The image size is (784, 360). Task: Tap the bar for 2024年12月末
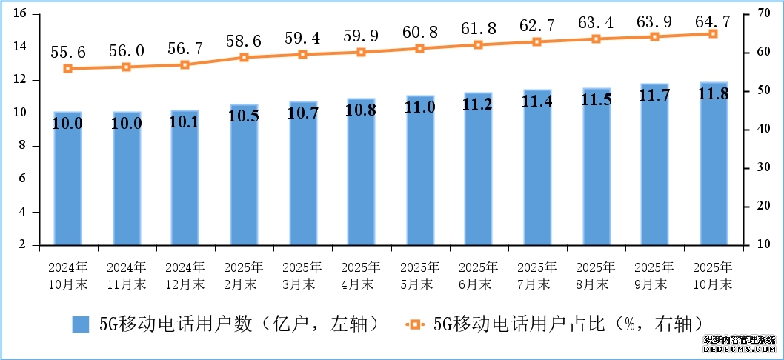185,178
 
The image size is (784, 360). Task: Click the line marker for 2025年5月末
419,48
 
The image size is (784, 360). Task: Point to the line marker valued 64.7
713,33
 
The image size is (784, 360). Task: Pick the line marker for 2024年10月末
67,68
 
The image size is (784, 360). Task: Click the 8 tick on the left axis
23,146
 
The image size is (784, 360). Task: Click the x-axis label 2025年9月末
654,275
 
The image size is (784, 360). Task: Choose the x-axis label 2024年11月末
126,275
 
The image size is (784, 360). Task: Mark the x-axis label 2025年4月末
361,275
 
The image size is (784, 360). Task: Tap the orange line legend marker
414,324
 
